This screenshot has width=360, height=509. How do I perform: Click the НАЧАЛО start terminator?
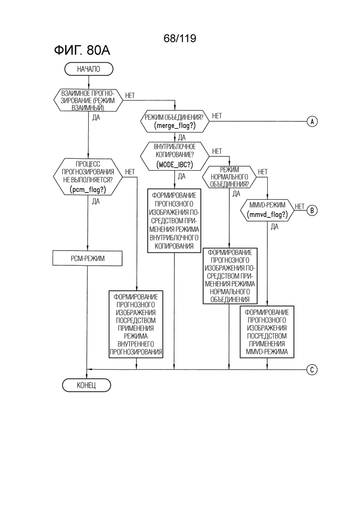pos(89,69)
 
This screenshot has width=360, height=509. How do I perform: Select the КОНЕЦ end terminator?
pos(86,385)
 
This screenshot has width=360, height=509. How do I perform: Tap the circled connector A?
pos(312,121)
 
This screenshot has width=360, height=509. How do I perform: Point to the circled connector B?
pos(312,210)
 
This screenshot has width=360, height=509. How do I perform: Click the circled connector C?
pos(312,370)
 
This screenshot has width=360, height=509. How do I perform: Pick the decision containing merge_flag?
pos(174,121)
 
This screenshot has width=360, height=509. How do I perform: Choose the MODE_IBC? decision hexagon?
pos(174,156)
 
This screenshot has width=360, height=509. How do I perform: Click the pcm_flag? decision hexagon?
pos(88,177)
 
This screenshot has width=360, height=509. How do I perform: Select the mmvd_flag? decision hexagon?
pos(267,210)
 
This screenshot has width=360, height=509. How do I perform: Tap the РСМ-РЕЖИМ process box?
pos(88,258)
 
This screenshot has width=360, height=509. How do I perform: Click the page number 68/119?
pos(180,39)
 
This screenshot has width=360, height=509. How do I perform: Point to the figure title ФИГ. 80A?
pos(82,51)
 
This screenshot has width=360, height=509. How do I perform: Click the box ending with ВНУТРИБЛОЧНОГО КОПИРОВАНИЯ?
pos(174,221)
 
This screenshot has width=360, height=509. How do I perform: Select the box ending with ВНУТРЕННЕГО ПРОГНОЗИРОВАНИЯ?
pos(136,324)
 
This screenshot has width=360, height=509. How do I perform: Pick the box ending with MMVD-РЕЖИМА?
pos(267,332)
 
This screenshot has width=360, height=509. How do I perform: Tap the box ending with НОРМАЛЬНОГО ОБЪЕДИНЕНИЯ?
pos(230,276)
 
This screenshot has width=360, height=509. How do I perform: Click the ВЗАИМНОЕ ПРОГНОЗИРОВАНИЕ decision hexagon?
pos(88,100)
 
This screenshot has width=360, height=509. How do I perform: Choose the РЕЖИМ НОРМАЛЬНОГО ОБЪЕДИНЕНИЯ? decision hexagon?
pos(229,177)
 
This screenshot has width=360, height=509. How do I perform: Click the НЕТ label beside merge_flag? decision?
pos(217,116)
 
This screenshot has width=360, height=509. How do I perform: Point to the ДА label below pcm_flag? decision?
pos(96,202)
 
